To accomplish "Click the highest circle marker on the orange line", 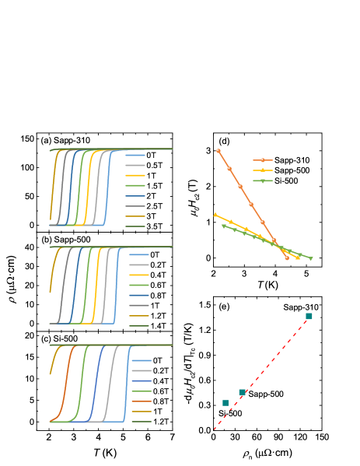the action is point(218,151).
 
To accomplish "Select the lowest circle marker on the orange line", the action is point(287,258).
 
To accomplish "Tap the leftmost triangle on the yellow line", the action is point(215,215).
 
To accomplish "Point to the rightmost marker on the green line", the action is point(311,258).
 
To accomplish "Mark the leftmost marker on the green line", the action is point(223,226).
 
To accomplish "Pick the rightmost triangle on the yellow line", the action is point(298,258).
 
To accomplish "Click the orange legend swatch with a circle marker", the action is point(263,160).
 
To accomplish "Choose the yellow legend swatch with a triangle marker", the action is point(263,170).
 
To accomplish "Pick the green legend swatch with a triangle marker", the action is point(263,180).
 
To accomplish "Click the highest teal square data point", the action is point(309,316).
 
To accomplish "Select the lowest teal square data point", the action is point(225,403).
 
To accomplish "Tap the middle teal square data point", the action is point(242,392).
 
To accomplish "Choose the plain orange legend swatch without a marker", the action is point(141,401).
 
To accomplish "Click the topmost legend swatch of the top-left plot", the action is point(135,156).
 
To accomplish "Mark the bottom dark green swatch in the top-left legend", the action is point(135,226).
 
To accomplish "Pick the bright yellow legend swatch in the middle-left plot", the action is point(139,275).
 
